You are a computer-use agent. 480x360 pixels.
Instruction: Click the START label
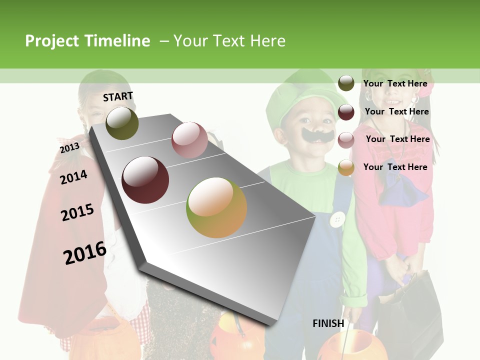point(118,96)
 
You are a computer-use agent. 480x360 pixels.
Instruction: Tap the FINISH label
point(328,323)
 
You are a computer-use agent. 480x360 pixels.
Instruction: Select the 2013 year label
point(69,148)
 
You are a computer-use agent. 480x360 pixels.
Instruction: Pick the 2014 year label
point(73,177)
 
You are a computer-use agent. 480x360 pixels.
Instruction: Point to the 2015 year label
point(77,212)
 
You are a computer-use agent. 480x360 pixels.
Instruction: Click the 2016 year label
point(85,252)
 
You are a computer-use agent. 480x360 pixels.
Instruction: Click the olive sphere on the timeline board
point(122,123)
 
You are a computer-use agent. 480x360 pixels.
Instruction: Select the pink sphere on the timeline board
point(189,139)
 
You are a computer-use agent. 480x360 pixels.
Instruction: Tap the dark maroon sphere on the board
point(145,179)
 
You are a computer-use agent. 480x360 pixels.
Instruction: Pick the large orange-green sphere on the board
point(216,207)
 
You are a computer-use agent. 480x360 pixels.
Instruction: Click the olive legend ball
point(346,83)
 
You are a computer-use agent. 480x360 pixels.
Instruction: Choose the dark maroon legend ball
point(346,112)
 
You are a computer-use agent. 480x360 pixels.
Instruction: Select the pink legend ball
point(346,140)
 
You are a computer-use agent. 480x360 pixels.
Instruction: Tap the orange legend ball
point(346,167)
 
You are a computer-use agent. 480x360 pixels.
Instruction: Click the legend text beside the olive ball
point(395,84)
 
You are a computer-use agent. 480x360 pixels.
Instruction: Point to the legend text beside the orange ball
point(395,167)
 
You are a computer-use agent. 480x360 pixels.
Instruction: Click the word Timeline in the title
point(117,41)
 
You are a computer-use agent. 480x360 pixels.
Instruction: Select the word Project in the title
point(52,41)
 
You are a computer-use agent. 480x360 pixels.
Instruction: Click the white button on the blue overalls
point(338,219)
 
